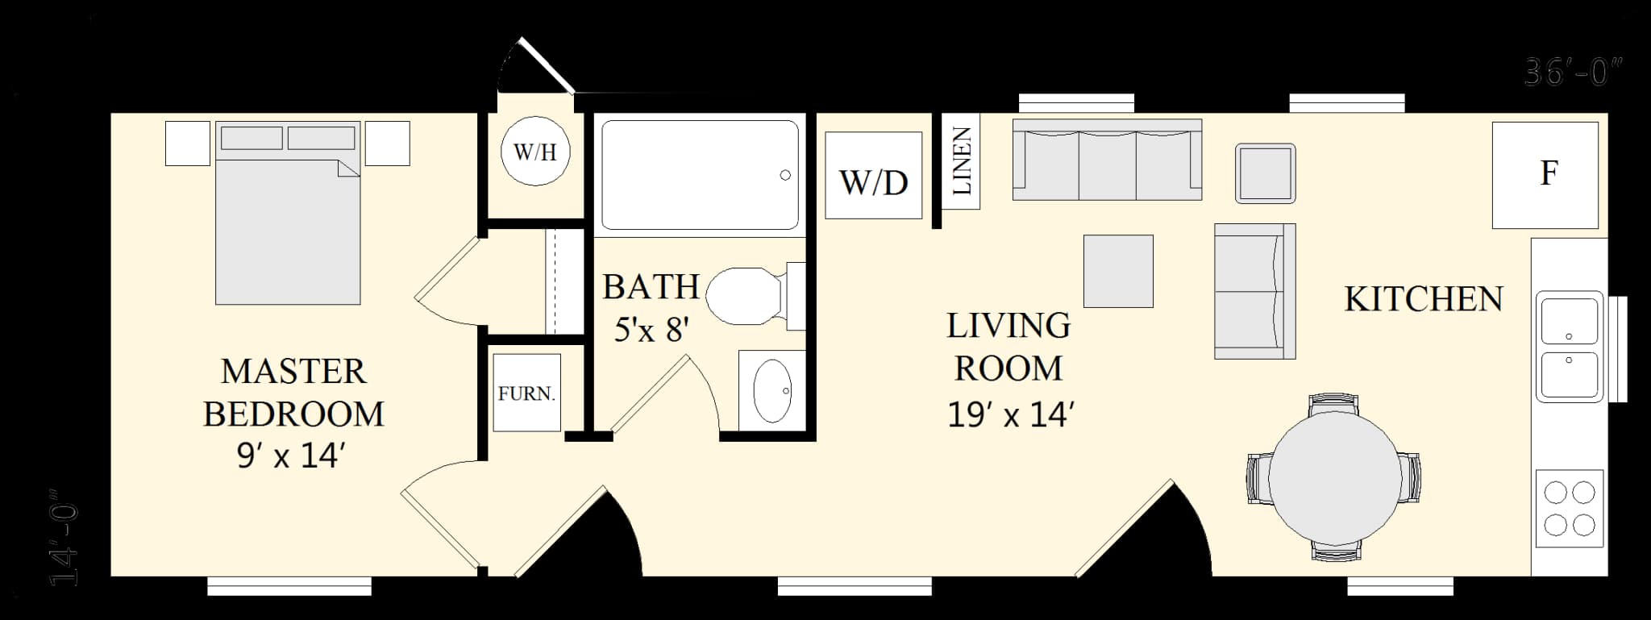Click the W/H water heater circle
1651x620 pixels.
click(535, 152)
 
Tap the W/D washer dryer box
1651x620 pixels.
click(873, 176)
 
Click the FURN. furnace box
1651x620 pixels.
click(526, 393)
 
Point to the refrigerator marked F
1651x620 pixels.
click(1545, 175)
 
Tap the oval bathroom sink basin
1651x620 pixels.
click(772, 391)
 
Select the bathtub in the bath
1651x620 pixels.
click(699, 175)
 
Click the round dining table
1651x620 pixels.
click(1333, 477)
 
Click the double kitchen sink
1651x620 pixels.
click(1569, 347)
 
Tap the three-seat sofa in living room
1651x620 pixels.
click(1107, 160)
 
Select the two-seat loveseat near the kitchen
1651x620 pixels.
click(1254, 291)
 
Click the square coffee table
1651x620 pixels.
click(1118, 271)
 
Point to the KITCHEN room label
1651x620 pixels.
click(1423, 299)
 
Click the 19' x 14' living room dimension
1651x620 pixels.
click(1009, 415)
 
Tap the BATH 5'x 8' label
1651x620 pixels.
click(651, 307)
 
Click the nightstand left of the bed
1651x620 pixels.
click(188, 144)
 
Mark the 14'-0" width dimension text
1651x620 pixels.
click(64, 535)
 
